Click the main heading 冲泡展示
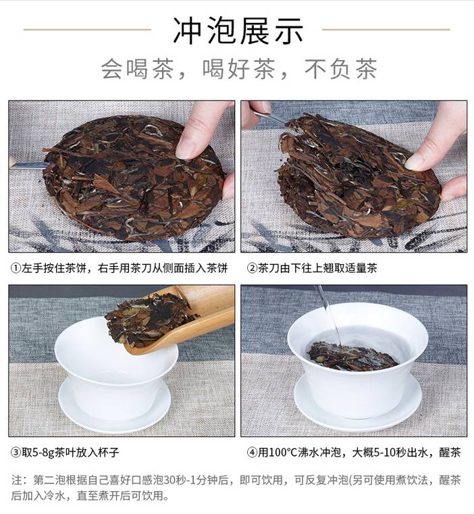[238, 31]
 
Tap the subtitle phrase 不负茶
[341, 69]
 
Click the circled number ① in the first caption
[16, 268]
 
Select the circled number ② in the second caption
[252, 268]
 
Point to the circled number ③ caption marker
[16, 453]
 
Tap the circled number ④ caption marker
[252, 453]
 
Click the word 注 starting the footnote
[17, 480]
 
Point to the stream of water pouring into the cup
[328, 315]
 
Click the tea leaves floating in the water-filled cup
[352, 356]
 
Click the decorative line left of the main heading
[87, 30]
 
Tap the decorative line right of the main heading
[386, 30]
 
